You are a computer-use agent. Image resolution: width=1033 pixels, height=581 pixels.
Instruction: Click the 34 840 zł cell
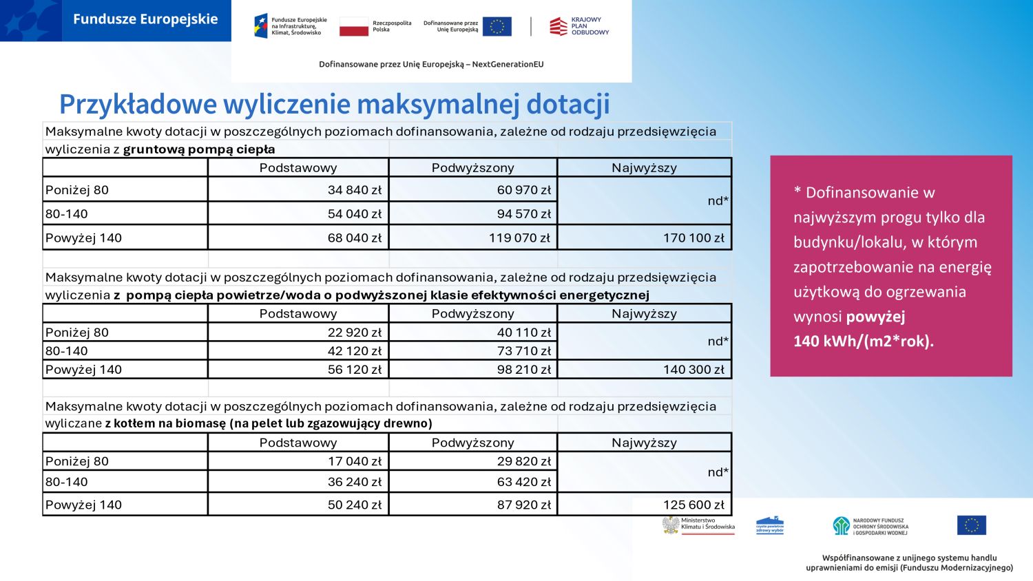pos(354,190)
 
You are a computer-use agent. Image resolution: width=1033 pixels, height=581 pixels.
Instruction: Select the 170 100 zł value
pos(693,238)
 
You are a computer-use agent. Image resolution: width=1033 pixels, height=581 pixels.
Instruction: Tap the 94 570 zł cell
pos(523,214)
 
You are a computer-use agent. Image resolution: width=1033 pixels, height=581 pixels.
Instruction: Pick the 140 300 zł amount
pos(693,370)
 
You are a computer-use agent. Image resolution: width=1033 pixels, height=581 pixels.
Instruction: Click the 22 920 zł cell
pos(354,332)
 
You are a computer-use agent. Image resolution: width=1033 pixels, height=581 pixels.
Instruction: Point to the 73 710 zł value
pos(523,351)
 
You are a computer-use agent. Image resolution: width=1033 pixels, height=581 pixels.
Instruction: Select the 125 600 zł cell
pos(693,505)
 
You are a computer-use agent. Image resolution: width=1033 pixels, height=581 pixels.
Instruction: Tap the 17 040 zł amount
pos(354,461)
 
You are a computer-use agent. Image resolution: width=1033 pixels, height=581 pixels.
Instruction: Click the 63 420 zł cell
pos(523,482)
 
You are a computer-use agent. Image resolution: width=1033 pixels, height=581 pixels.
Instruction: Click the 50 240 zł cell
pos(354,505)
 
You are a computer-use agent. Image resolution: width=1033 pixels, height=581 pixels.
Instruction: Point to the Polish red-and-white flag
pos(353,27)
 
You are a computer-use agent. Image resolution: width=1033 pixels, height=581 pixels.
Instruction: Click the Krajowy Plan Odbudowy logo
pos(578,26)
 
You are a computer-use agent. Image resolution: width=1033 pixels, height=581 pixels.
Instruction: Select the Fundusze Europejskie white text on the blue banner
pos(145,19)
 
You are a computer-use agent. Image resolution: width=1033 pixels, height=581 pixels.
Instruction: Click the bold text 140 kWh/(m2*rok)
pos(863,341)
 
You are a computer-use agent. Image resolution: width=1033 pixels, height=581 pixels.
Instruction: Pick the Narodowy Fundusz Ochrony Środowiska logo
pos(870,527)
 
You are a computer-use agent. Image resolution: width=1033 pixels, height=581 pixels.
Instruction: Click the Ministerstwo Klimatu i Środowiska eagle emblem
pos(671,525)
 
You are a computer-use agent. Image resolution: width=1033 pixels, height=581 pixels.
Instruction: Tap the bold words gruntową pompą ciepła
pos(199,149)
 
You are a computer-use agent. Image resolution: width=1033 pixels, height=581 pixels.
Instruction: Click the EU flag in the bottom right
pos(971,525)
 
